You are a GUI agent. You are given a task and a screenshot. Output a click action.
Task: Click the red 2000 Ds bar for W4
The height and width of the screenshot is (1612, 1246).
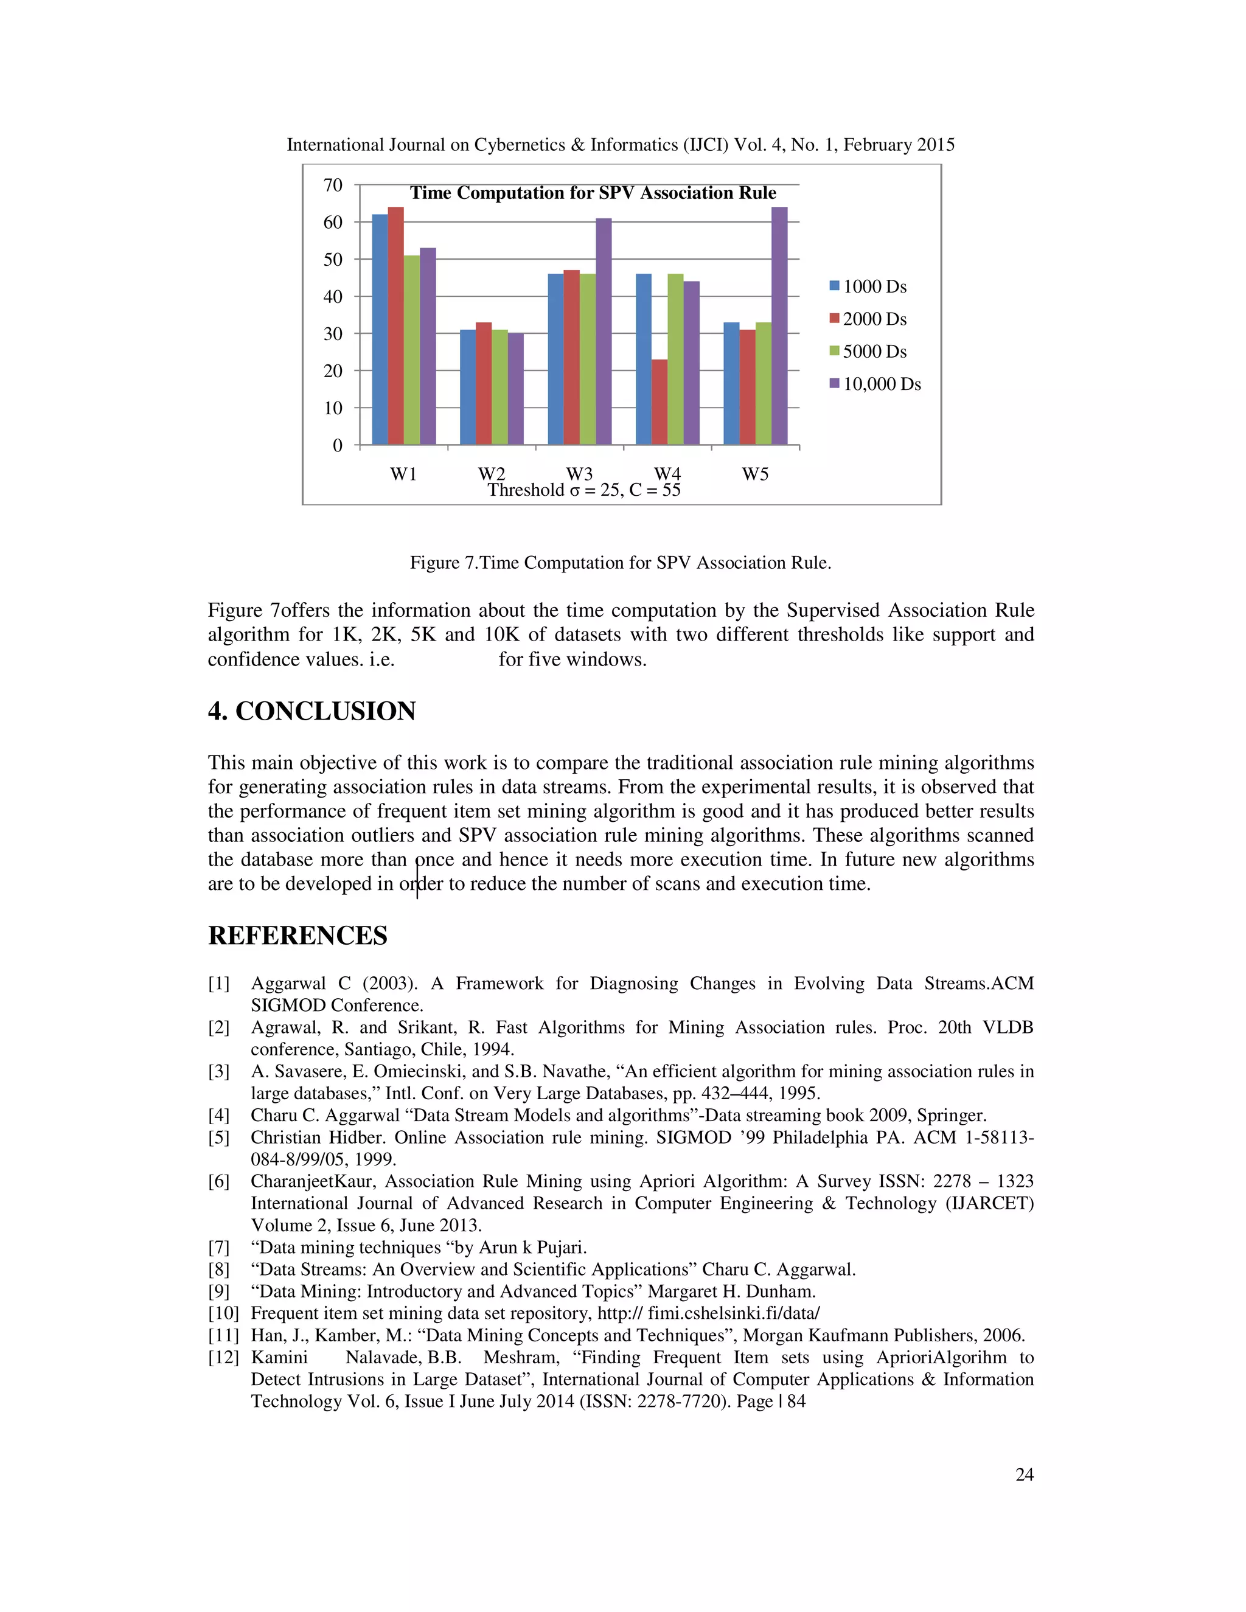[659, 402]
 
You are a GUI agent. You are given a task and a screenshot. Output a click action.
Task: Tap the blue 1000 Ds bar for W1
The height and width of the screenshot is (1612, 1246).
[380, 330]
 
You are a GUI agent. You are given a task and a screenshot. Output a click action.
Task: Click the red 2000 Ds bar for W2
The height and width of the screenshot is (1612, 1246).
[484, 384]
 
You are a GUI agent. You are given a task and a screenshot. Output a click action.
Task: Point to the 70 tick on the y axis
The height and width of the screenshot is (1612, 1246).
[333, 186]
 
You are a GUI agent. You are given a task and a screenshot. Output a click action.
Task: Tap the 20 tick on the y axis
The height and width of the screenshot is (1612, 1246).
[333, 371]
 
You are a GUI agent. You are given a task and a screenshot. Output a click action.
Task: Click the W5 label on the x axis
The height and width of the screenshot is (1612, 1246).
[755, 474]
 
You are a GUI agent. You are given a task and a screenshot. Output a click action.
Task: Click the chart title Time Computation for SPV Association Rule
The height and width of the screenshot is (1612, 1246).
[593, 193]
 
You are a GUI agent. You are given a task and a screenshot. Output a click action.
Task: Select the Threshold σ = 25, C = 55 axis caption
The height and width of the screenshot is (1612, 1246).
[584, 490]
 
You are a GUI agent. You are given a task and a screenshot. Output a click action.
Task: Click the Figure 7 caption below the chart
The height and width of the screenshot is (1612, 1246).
[620, 563]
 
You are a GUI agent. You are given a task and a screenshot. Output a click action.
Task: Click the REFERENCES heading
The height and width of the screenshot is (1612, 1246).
[298, 936]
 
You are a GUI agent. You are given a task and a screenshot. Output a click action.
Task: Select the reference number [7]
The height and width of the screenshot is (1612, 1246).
[218, 1248]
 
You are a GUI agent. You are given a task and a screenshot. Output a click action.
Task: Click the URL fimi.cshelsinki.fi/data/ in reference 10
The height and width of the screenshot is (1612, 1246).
[733, 1313]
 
